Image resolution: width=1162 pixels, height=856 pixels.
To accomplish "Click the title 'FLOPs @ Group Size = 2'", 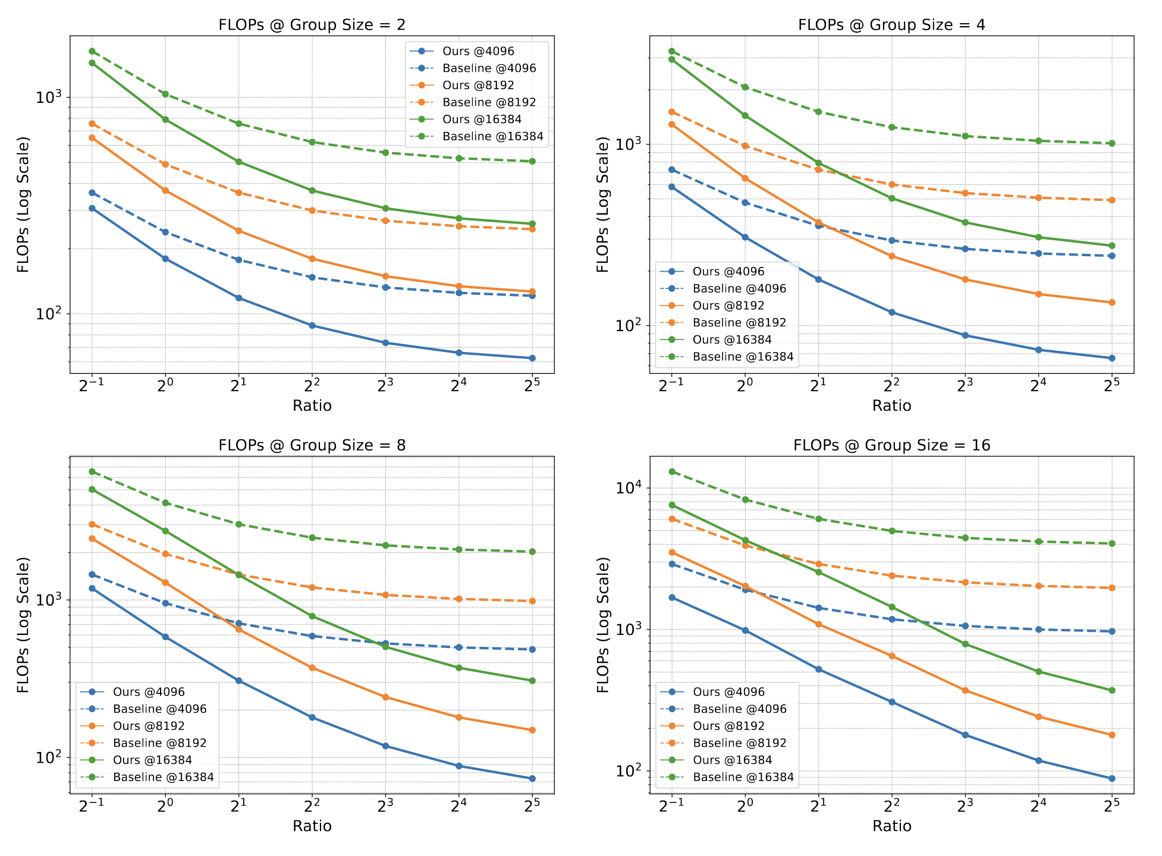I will pyautogui.click(x=312, y=25).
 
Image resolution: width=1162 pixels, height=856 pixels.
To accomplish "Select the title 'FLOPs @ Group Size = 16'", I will pyautogui.click(x=891, y=445).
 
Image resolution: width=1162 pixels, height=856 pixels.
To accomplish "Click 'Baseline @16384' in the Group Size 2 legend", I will pyautogui.click(x=493, y=137).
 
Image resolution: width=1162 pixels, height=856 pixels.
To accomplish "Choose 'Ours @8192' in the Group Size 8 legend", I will pyautogui.click(x=149, y=726).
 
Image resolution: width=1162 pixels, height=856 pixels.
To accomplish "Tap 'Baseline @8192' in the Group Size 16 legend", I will pyautogui.click(x=740, y=743).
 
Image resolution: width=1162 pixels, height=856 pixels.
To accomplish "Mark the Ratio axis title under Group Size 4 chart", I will pyautogui.click(x=891, y=406).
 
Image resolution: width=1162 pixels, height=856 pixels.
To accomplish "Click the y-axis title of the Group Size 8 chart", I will pyautogui.click(x=23, y=625).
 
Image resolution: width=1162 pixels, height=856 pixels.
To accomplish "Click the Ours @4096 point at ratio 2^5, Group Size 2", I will pyautogui.click(x=532, y=358).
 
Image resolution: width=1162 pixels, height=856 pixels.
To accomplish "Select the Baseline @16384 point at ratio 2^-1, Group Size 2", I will pyautogui.click(x=92, y=51).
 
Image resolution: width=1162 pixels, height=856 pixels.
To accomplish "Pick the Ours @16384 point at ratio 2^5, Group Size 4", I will pyautogui.click(x=1111, y=246).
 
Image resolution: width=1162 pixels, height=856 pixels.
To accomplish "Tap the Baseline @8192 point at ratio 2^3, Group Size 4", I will pyautogui.click(x=965, y=193).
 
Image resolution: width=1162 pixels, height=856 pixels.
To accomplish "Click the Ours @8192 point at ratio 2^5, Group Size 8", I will pyautogui.click(x=532, y=730).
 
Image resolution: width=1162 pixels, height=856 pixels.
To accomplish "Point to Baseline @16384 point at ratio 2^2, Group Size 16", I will pyautogui.click(x=892, y=531).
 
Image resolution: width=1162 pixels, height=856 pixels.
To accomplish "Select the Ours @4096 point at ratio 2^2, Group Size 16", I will pyautogui.click(x=892, y=702).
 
